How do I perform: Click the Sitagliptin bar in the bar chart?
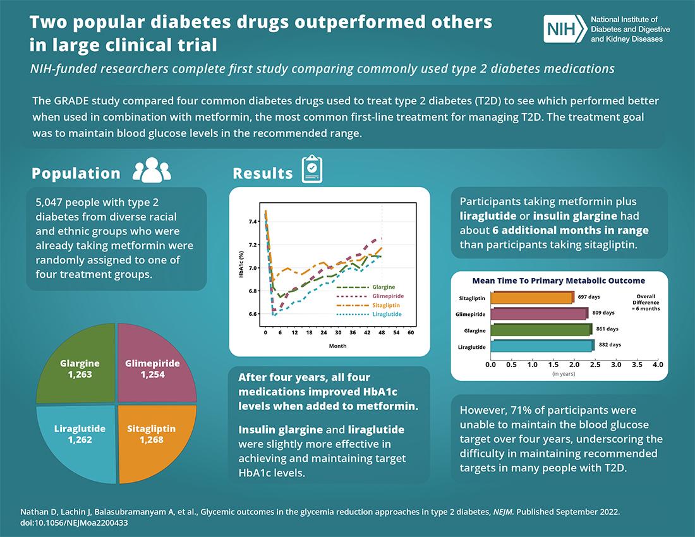click(532, 298)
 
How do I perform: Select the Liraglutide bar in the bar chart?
click(541, 345)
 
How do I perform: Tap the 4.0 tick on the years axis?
click(657, 365)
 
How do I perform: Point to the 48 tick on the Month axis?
click(382, 332)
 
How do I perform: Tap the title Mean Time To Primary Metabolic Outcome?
click(559, 281)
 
